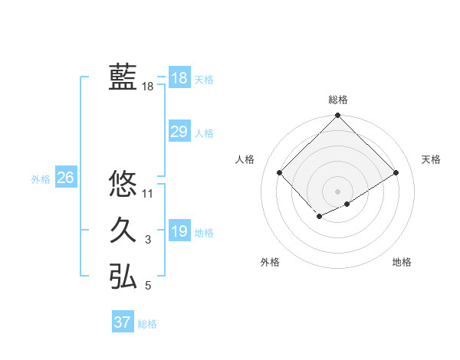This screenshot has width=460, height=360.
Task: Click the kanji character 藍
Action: coord(123,77)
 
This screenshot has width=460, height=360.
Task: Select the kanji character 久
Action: coord(123,231)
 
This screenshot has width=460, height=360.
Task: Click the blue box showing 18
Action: coord(179,78)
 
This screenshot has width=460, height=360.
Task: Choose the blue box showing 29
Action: coord(179,132)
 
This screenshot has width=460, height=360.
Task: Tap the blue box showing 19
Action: coord(179,231)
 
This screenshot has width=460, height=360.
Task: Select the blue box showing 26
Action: coord(65,178)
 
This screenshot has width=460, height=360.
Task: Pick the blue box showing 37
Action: coord(123,322)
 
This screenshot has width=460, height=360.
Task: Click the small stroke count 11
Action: coord(148,194)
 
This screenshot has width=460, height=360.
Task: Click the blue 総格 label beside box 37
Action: coord(147,324)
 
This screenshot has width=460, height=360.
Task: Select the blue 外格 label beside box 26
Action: coord(41,179)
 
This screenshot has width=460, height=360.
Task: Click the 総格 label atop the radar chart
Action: coord(338,100)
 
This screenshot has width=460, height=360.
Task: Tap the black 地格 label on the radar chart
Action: coord(402,262)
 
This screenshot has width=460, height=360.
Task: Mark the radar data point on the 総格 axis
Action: coord(338,116)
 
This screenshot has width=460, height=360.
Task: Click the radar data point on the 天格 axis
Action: coord(396,172)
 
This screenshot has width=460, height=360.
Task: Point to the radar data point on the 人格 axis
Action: coord(280,172)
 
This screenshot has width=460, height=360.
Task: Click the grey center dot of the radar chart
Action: coord(338,190)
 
